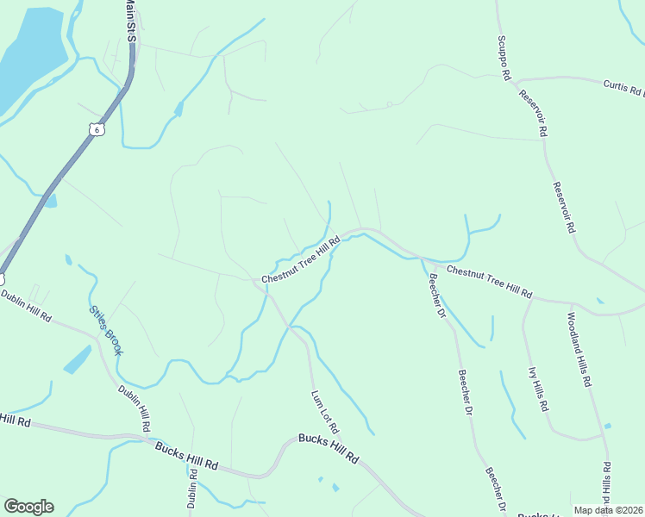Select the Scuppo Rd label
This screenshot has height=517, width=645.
(x=503, y=58)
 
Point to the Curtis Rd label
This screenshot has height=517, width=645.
(x=623, y=89)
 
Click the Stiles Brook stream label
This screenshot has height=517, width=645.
(x=106, y=330)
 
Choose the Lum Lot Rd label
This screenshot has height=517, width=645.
(x=325, y=412)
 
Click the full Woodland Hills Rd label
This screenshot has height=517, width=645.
(x=579, y=348)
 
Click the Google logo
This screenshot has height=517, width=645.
(x=28, y=507)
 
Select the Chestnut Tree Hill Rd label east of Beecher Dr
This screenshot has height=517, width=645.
(x=489, y=283)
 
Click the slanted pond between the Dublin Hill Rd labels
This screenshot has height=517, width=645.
(x=77, y=359)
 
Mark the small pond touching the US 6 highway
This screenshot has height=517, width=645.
(x=51, y=201)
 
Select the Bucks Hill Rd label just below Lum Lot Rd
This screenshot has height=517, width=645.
(x=328, y=449)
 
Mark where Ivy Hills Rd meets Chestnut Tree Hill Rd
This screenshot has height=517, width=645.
(x=530, y=300)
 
